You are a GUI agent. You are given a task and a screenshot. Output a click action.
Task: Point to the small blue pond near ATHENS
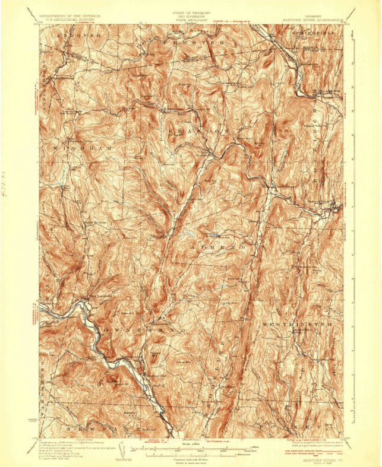click(190, 235)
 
